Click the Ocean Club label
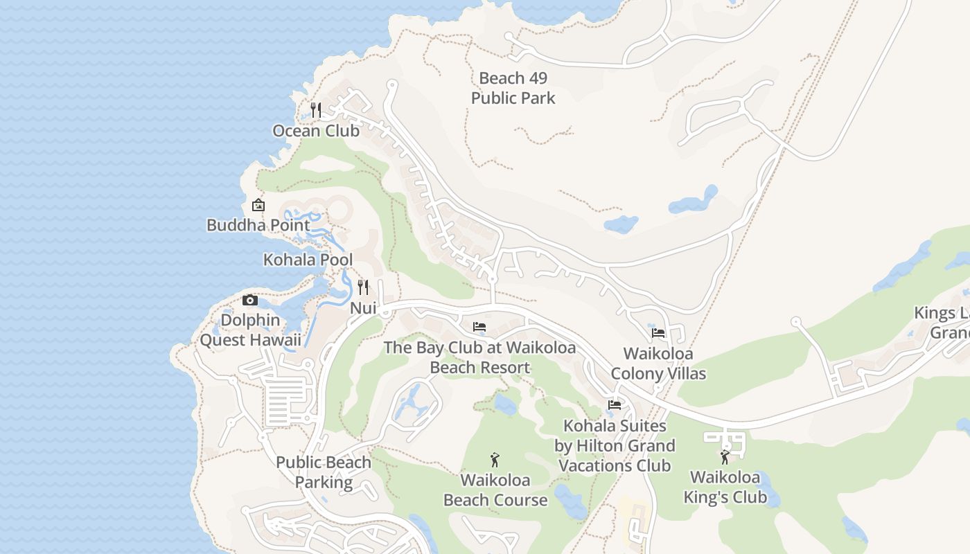tap(316, 131)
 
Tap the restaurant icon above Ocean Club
tap(316, 109)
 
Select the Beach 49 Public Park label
tap(513, 88)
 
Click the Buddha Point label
tap(258, 225)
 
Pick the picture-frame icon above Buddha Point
tap(258, 204)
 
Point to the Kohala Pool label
tap(308, 260)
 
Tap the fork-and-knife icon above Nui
tap(363, 287)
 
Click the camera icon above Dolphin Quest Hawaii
tap(250, 300)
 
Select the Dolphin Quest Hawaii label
tap(251, 330)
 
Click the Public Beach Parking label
tap(324, 472)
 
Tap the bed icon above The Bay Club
tap(479, 326)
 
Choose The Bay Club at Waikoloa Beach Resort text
tap(479, 357)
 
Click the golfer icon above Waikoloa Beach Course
tap(495, 459)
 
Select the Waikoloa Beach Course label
tap(495, 490)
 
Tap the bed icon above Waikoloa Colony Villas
tap(658, 333)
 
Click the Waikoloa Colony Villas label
tap(658, 364)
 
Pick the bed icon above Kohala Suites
tap(615, 404)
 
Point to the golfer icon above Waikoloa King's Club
tap(725, 456)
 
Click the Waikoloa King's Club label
tap(725, 487)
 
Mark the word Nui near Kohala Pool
tap(363, 308)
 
